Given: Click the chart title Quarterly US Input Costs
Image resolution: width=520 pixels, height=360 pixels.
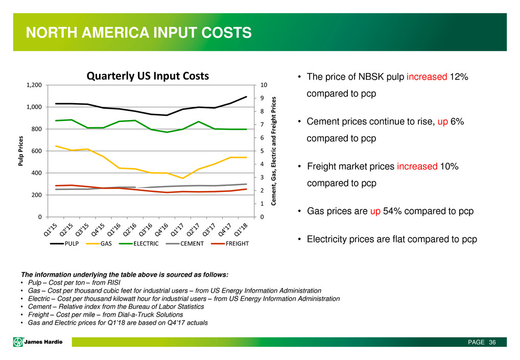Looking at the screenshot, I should point(148,76).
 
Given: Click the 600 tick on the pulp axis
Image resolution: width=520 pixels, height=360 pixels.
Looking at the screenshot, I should point(37,151).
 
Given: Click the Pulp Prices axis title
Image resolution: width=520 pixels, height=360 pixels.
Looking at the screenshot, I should point(21,151).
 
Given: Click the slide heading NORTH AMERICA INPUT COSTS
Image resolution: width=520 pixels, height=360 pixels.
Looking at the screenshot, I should point(139,33).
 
